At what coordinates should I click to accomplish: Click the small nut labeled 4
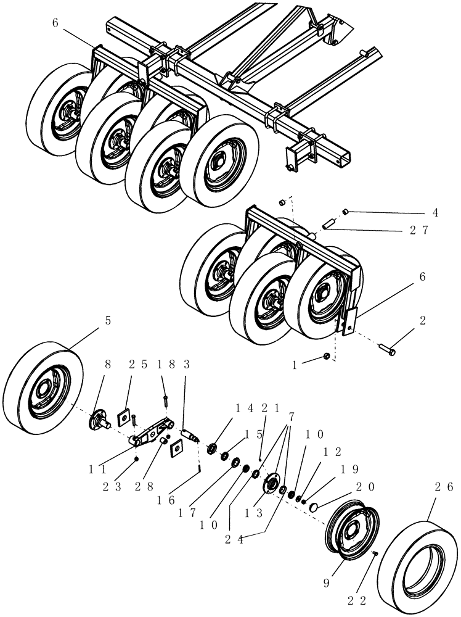[x=346, y=213]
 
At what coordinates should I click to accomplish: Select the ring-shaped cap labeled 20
[x=314, y=507]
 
